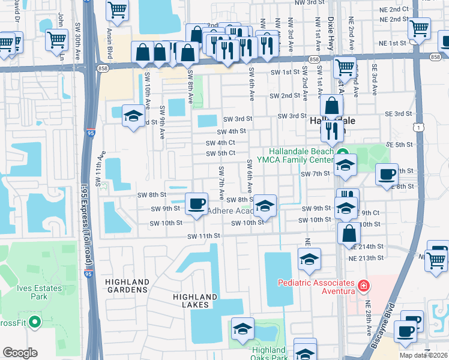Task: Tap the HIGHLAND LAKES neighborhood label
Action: click(194, 301)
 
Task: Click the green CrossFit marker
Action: click(34, 322)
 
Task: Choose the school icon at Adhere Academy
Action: click(265, 206)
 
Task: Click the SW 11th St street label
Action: click(204, 236)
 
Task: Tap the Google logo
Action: click(20, 353)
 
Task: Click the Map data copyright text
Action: click(423, 355)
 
